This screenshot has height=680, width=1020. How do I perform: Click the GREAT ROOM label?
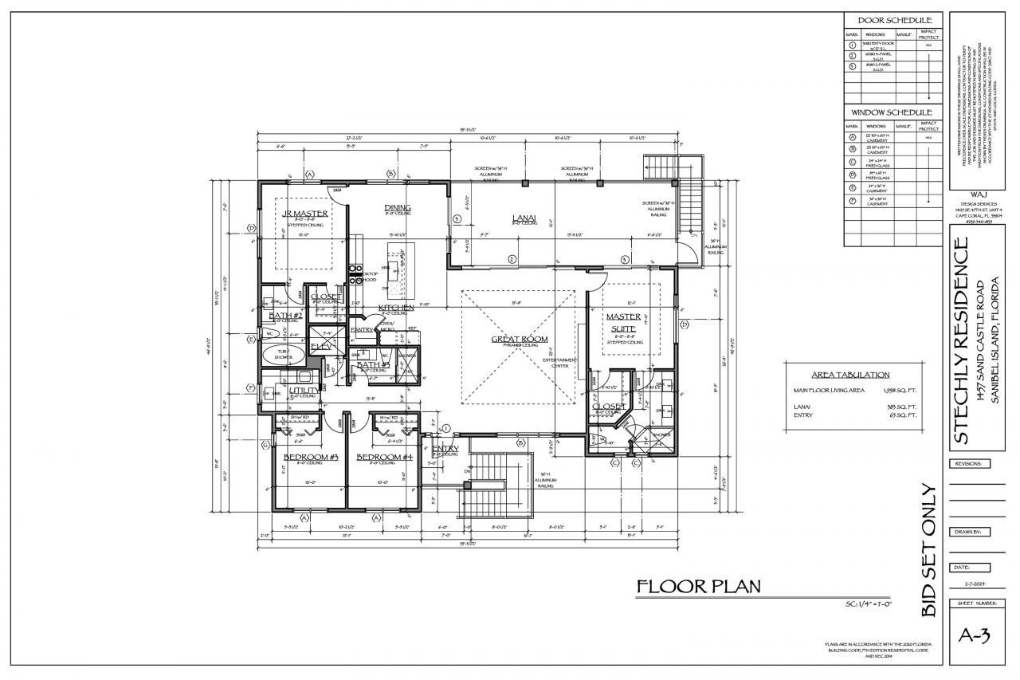[519, 340]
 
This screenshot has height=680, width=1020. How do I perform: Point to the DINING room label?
[397, 207]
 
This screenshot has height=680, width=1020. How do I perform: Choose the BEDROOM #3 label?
[307, 457]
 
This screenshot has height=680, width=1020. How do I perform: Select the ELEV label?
[321, 346]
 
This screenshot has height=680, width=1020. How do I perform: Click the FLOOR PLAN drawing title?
[698, 588]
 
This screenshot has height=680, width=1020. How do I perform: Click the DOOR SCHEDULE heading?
[892, 20]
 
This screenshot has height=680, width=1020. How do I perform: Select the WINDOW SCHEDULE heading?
[892, 112]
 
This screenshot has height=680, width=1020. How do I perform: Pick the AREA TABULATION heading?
[850, 375]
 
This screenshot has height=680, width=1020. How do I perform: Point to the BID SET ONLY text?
[928, 549]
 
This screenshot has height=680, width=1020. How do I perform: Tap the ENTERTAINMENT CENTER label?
[560, 363]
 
